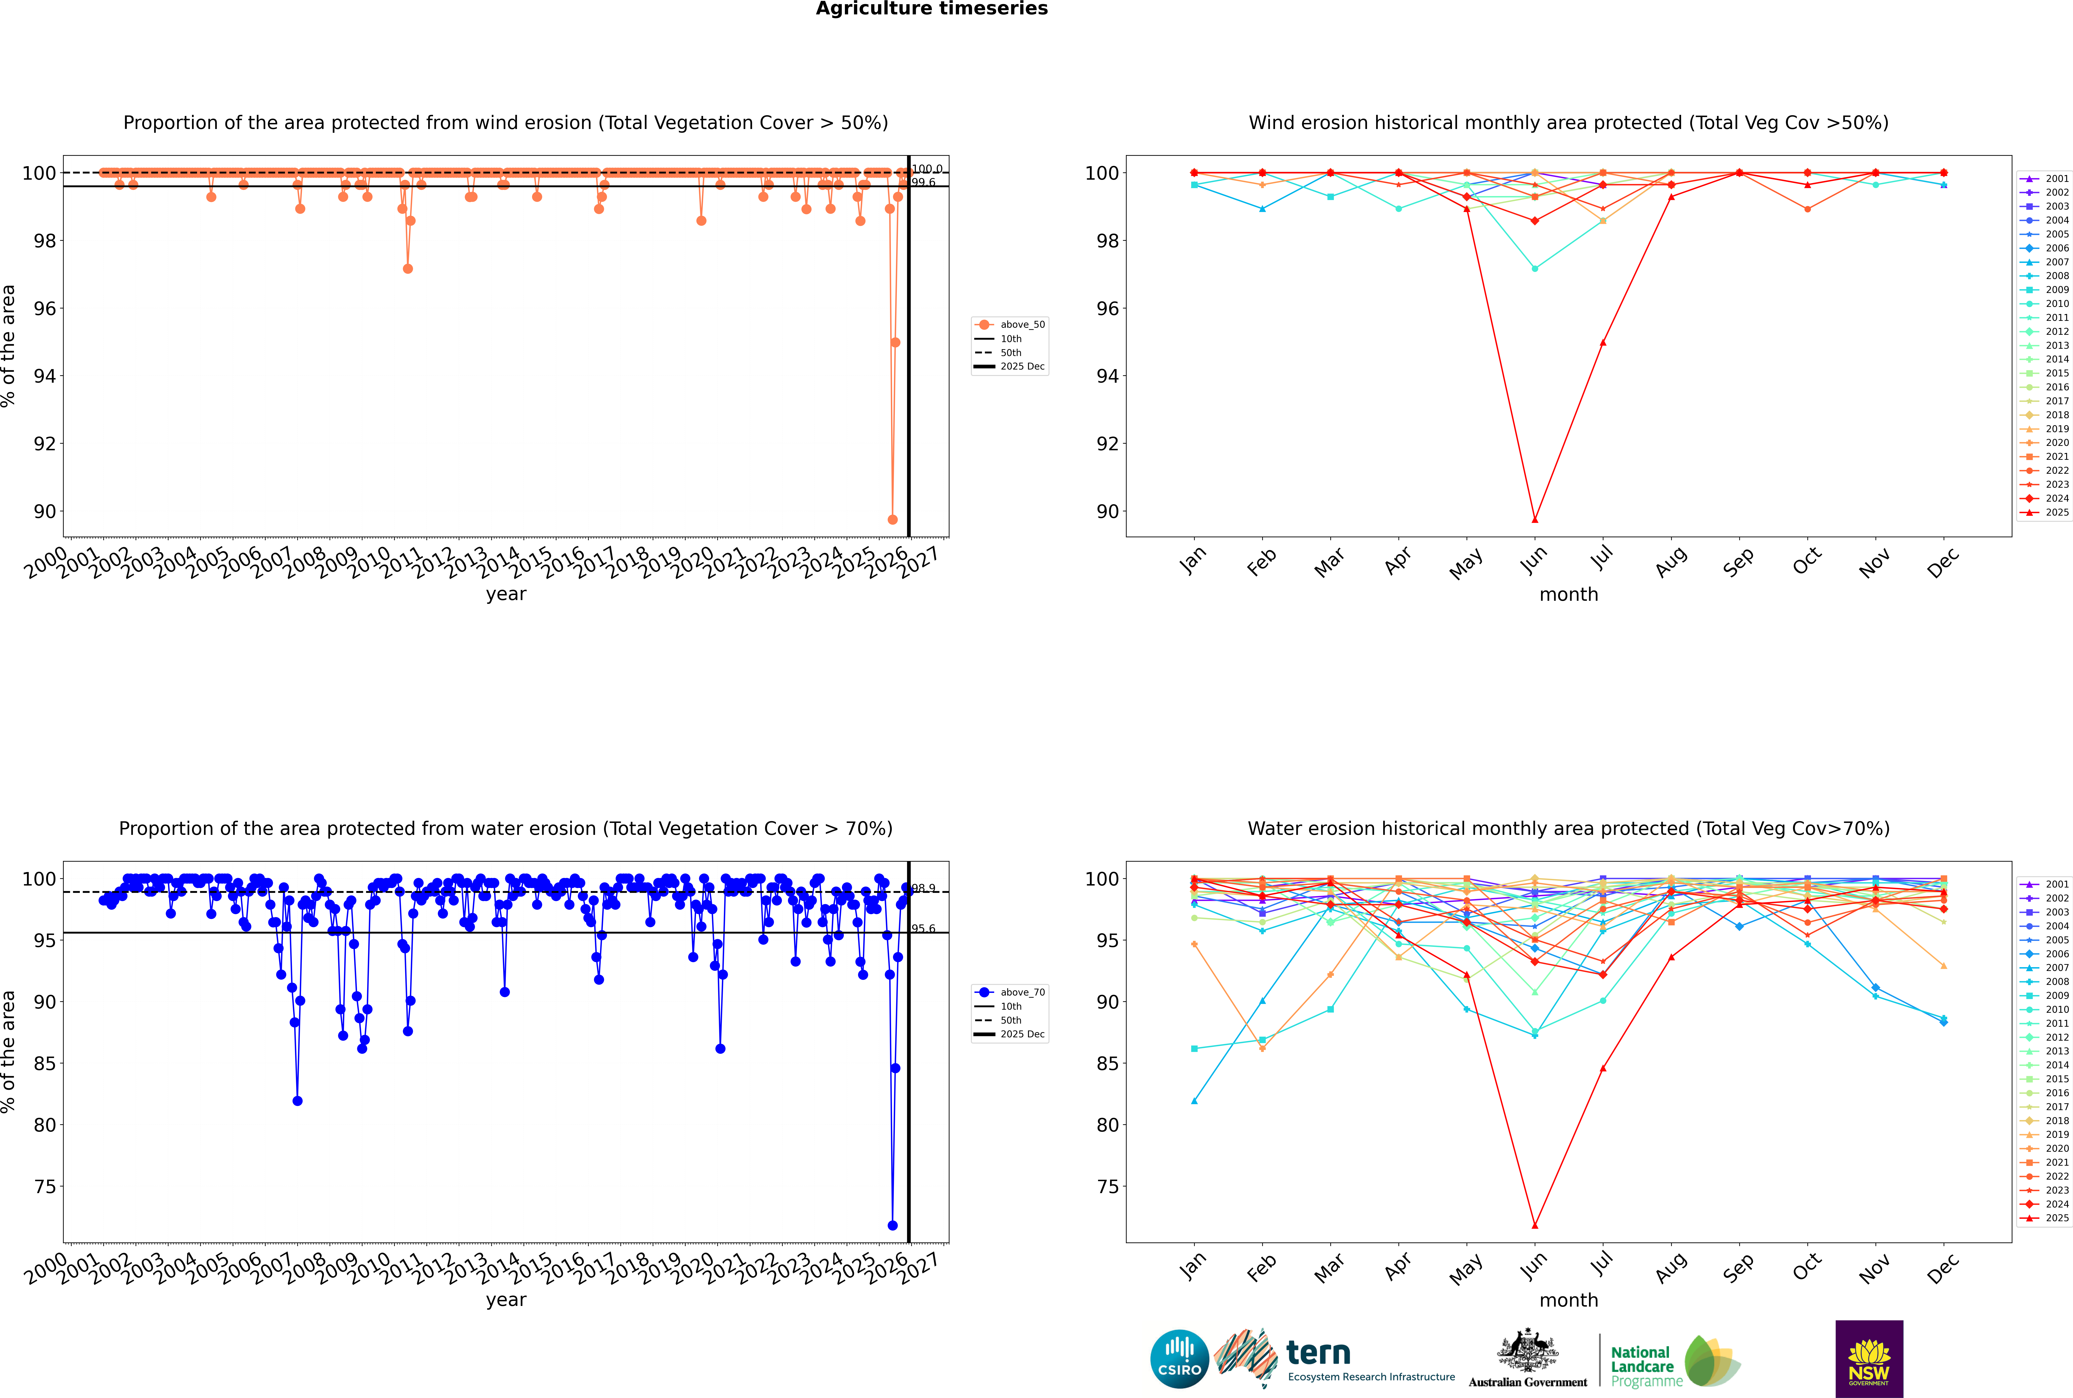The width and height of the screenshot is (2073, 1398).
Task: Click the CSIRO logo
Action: pyautogui.click(x=1179, y=1359)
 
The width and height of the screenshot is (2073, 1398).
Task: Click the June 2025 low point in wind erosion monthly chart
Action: pyautogui.click(x=1535, y=520)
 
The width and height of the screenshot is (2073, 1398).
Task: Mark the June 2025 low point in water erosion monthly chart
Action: pyautogui.click(x=1535, y=1225)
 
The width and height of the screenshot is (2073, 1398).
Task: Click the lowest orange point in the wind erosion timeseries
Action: pyautogui.click(x=892, y=520)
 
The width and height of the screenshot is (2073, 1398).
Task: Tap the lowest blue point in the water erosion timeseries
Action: pyautogui.click(x=892, y=1225)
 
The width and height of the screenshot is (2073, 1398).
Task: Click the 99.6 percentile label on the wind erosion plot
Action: pyautogui.click(x=923, y=183)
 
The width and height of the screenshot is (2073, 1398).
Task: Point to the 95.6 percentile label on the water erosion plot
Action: pyautogui.click(x=923, y=929)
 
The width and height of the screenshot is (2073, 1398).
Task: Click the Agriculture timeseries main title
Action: pyautogui.click(x=931, y=9)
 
